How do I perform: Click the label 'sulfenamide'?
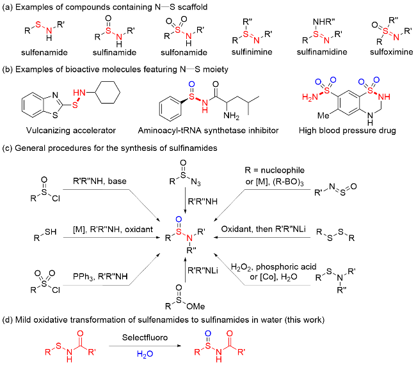pyautogui.click(x=44, y=52)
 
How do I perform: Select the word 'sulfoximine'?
pyautogui.click(x=391, y=52)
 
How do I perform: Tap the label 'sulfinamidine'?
pyautogui.click(x=322, y=52)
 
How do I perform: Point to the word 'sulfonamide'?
pyautogui.click(x=184, y=52)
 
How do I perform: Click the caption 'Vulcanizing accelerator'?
pyautogui.click(x=71, y=130)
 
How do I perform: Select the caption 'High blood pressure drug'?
pyautogui.click(x=348, y=130)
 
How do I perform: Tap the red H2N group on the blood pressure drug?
pyautogui.click(x=310, y=97)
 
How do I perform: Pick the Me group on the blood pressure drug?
pyautogui.click(x=323, y=116)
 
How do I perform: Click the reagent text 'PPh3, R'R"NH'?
pyautogui.click(x=100, y=277)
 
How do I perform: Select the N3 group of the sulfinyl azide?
pyautogui.click(x=196, y=183)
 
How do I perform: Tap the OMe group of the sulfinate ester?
pyautogui.click(x=196, y=306)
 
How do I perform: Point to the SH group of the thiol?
pyautogui.click(x=51, y=232)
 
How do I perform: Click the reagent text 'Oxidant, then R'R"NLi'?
pyautogui.click(x=263, y=229)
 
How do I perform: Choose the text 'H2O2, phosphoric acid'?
pyautogui.click(x=274, y=267)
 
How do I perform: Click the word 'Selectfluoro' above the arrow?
pyautogui.click(x=145, y=338)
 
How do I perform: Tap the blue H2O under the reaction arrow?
pyautogui.click(x=145, y=354)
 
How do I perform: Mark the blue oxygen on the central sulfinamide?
pyautogui.click(x=179, y=219)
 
